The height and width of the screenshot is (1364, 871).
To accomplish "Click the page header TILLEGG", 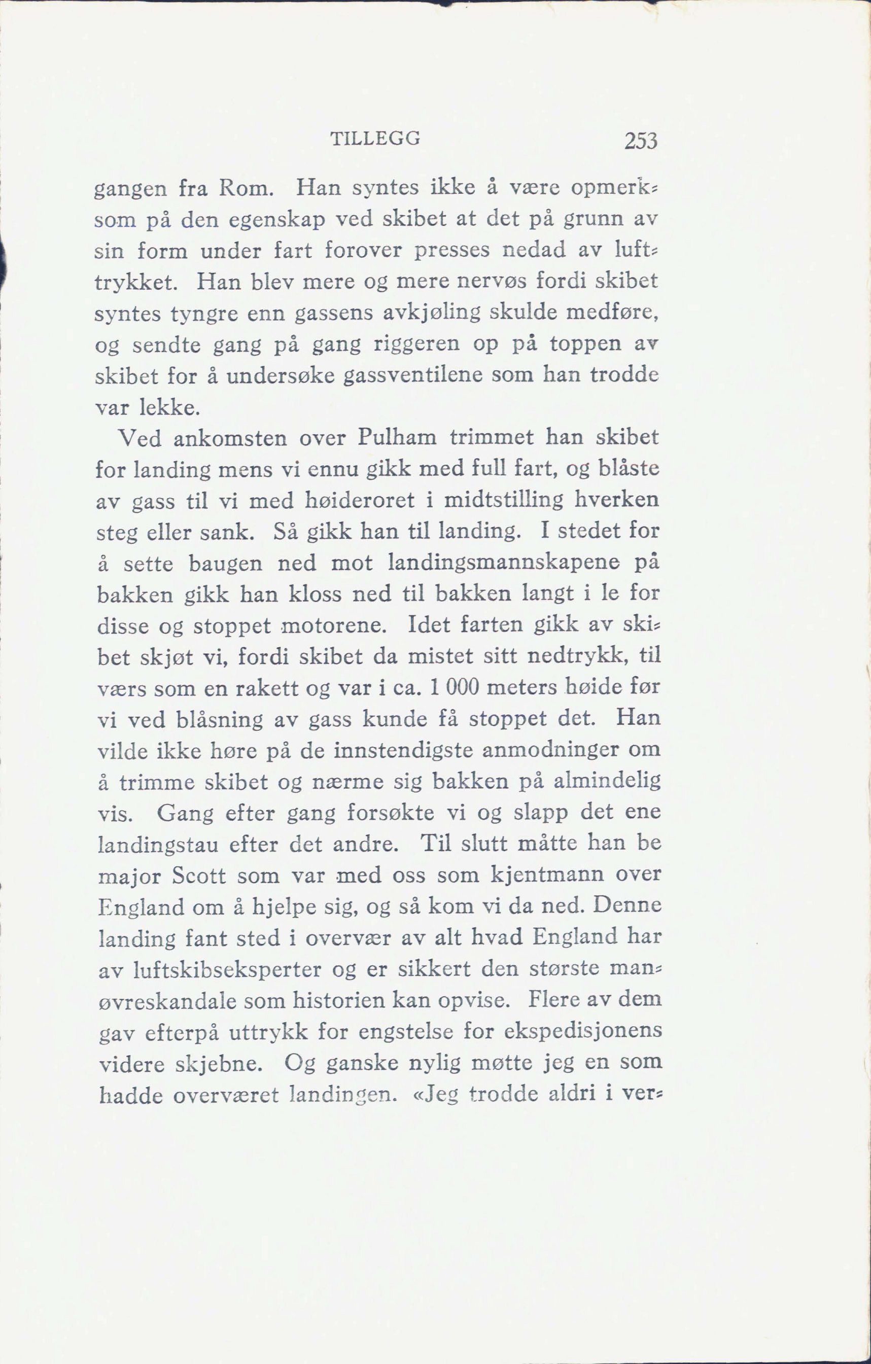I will [374, 138].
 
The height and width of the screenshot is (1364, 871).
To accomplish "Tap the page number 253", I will [641, 141].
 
